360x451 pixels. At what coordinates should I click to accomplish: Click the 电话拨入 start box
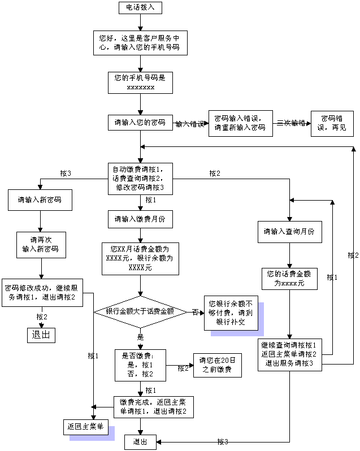pos(140,8)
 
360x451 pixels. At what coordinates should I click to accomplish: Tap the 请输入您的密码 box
pos(140,123)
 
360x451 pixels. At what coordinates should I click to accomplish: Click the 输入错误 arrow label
pos(189,124)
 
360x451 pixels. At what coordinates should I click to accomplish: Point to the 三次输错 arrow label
pos(290,123)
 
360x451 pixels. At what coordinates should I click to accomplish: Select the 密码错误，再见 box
pos(332,123)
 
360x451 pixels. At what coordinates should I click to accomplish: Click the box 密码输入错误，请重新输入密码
pos(240,123)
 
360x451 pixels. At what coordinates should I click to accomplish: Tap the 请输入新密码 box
pos(40,200)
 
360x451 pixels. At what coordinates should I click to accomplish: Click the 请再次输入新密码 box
pos(40,245)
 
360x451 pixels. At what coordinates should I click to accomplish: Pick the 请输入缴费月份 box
pos(140,219)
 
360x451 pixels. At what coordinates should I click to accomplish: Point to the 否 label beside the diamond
pos(196,311)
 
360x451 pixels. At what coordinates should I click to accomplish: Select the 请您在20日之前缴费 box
pos(217,366)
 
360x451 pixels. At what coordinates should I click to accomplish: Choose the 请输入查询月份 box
pos(289,232)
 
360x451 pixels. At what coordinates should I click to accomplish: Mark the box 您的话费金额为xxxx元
pos(289,279)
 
